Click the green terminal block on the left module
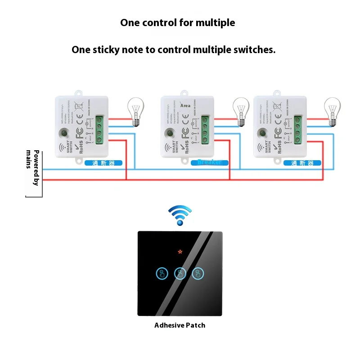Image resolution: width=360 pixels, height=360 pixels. click(99, 130)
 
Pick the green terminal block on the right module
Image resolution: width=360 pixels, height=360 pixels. click(297, 130)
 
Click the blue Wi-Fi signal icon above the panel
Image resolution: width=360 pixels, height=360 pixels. click(180, 215)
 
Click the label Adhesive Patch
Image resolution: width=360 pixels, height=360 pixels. click(180, 325)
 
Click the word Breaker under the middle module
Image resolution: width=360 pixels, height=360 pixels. click(209, 162)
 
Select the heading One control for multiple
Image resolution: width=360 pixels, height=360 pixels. click(177, 22)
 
